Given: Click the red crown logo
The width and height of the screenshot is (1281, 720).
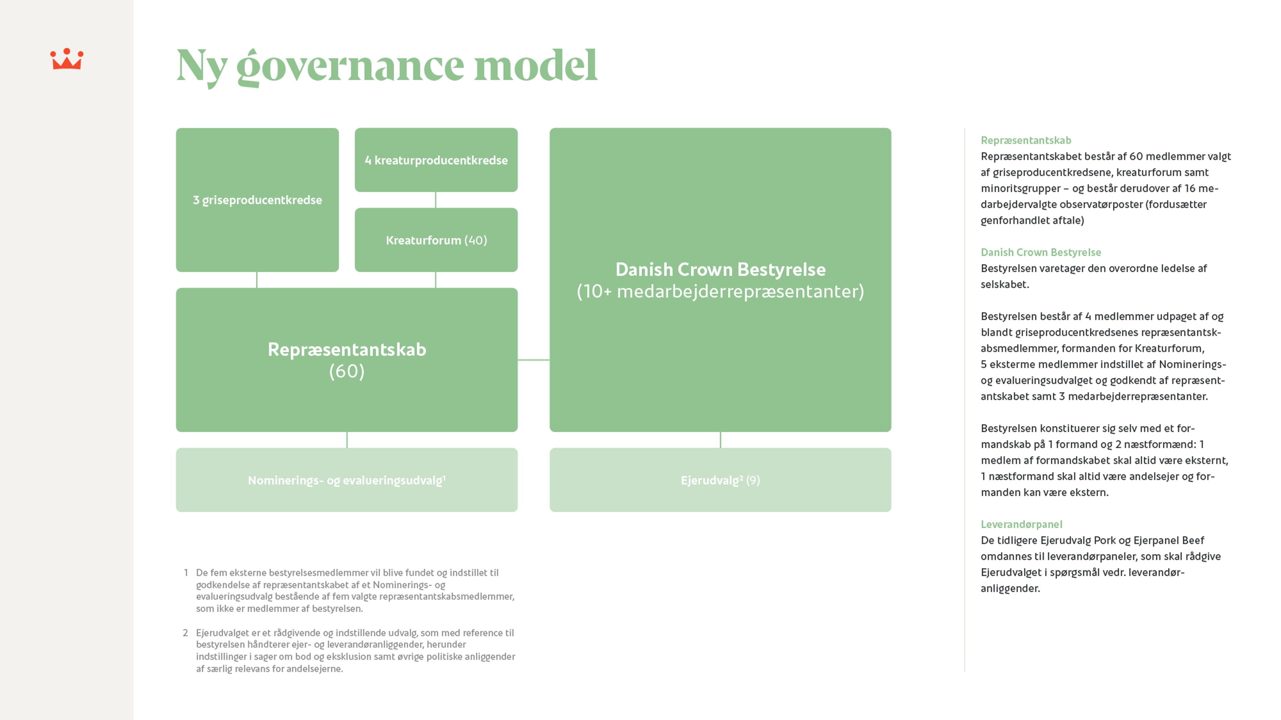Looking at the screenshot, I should pyautogui.click(x=67, y=59).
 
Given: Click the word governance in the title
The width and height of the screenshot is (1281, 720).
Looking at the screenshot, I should pyautogui.click(x=350, y=66).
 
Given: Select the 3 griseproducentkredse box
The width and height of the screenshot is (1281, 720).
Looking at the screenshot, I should pyautogui.click(x=257, y=200).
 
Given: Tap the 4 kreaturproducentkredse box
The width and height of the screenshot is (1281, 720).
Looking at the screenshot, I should pyautogui.click(x=436, y=160).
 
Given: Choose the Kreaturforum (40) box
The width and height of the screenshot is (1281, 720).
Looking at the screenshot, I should pyautogui.click(x=436, y=240).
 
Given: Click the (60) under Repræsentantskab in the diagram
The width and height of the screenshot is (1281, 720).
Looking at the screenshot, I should pyautogui.click(x=347, y=371).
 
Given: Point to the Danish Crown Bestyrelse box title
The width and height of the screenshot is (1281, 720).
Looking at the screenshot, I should pyautogui.click(x=720, y=269).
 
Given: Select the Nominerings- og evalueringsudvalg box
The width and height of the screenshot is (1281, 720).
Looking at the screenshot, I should pyautogui.click(x=347, y=480).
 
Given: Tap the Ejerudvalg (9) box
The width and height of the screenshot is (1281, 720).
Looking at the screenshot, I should pyautogui.click(x=720, y=480).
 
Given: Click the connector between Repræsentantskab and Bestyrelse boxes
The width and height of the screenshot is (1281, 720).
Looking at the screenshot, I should pyautogui.click(x=534, y=359).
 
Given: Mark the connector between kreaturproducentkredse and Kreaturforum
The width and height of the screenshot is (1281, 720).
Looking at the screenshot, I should pyautogui.click(x=436, y=200).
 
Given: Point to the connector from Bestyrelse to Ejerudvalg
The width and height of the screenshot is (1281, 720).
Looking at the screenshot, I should pyautogui.click(x=720, y=440).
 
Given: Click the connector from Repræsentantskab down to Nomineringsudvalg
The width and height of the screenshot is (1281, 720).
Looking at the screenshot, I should pyautogui.click(x=347, y=440).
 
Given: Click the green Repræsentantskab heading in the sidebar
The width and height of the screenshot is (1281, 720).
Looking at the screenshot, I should pyautogui.click(x=1025, y=140).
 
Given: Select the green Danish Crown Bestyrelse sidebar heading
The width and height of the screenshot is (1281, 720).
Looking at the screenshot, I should pyautogui.click(x=1040, y=252).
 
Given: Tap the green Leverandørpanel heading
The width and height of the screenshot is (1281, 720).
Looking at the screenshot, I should pyautogui.click(x=1021, y=524).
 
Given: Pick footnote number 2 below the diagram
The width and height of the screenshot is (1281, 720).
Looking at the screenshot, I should pyautogui.click(x=185, y=633).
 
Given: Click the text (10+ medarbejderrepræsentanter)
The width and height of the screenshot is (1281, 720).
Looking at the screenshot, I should pyautogui.click(x=720, y=292).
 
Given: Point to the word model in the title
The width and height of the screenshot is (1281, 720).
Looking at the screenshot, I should pyautogui.click(x=535, y=66).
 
